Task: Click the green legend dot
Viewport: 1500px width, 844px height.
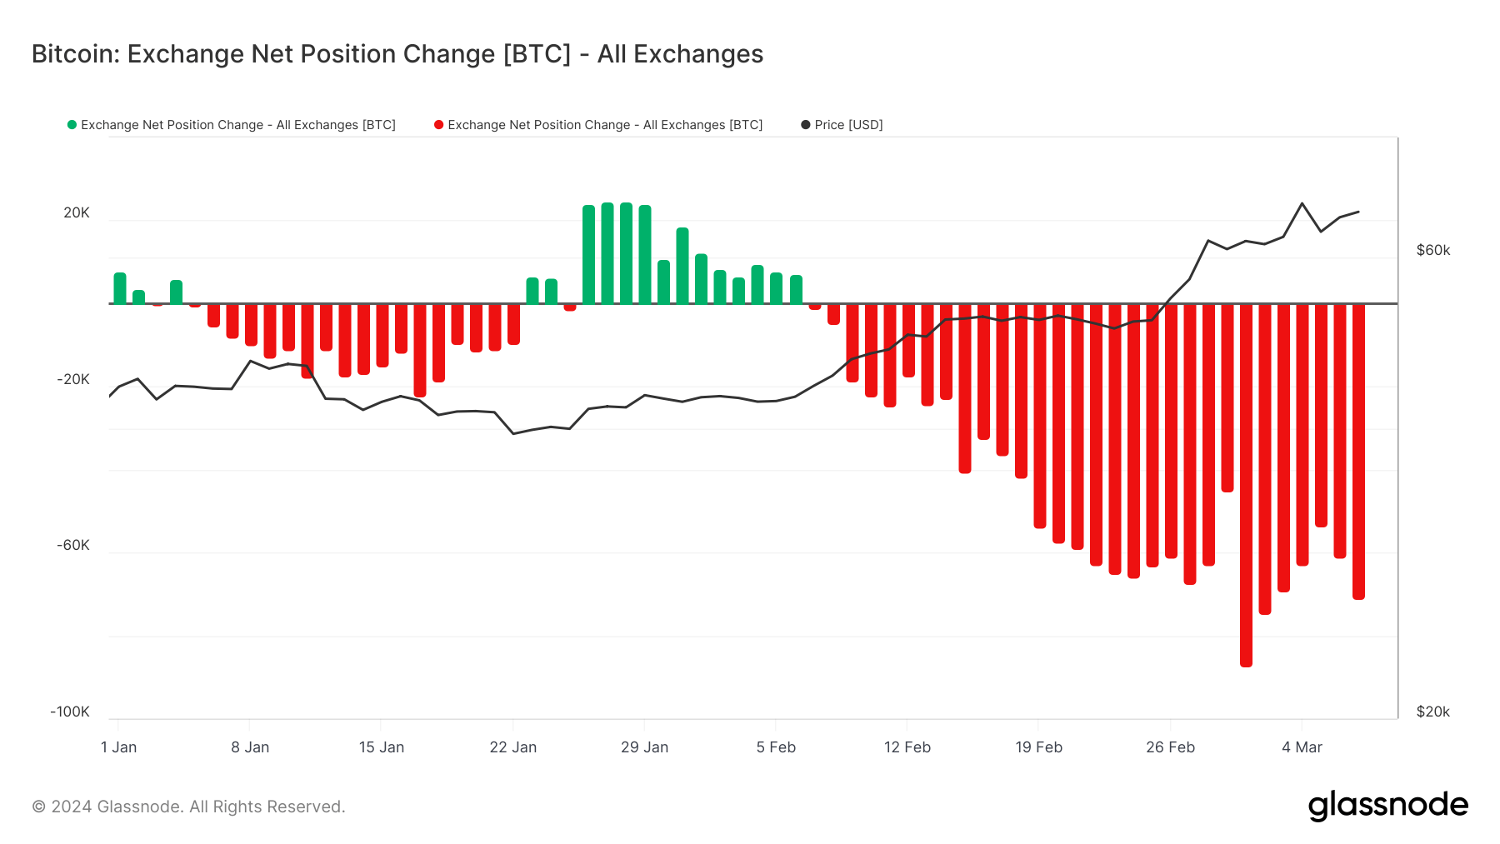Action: [x=72, y=125]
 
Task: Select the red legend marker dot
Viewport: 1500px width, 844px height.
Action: [x=438, y=125]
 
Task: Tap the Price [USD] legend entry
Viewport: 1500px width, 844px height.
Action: [x=847, y=125]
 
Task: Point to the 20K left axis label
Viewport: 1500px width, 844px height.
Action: [x=77, y=212]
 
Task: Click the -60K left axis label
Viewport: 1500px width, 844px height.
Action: [x=73, y=545]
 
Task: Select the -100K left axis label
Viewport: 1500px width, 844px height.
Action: [x=70, y=712]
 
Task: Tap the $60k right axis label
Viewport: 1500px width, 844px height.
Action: [x=1432, y=250]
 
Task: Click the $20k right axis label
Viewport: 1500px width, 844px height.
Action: [x=1432, y=712]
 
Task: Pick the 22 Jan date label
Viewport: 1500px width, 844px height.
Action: [x=512, y=747]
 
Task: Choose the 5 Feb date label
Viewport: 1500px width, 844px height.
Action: [x=776, y=747]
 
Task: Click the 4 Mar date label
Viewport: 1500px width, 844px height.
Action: [x=1302, y=747]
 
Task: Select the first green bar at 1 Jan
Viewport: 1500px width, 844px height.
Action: [x=120, y=288]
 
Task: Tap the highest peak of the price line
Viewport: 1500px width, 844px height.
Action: [x=1302, y=203]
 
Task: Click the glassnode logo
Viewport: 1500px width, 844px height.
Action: [x=1387, y=806]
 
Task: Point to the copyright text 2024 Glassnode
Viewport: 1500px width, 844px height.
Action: [x=188, y=807]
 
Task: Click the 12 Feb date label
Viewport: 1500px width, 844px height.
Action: [x=907, y=747]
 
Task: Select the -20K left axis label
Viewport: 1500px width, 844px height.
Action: [x=73, y=379]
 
